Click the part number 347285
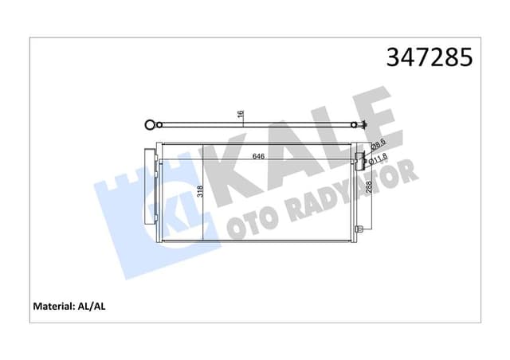[x=429, y=57]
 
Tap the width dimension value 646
[x=259, y=156]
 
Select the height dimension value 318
[x=201, y=191]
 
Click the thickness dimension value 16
[x=241, y=116]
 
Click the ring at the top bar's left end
[x=147, y=124]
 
